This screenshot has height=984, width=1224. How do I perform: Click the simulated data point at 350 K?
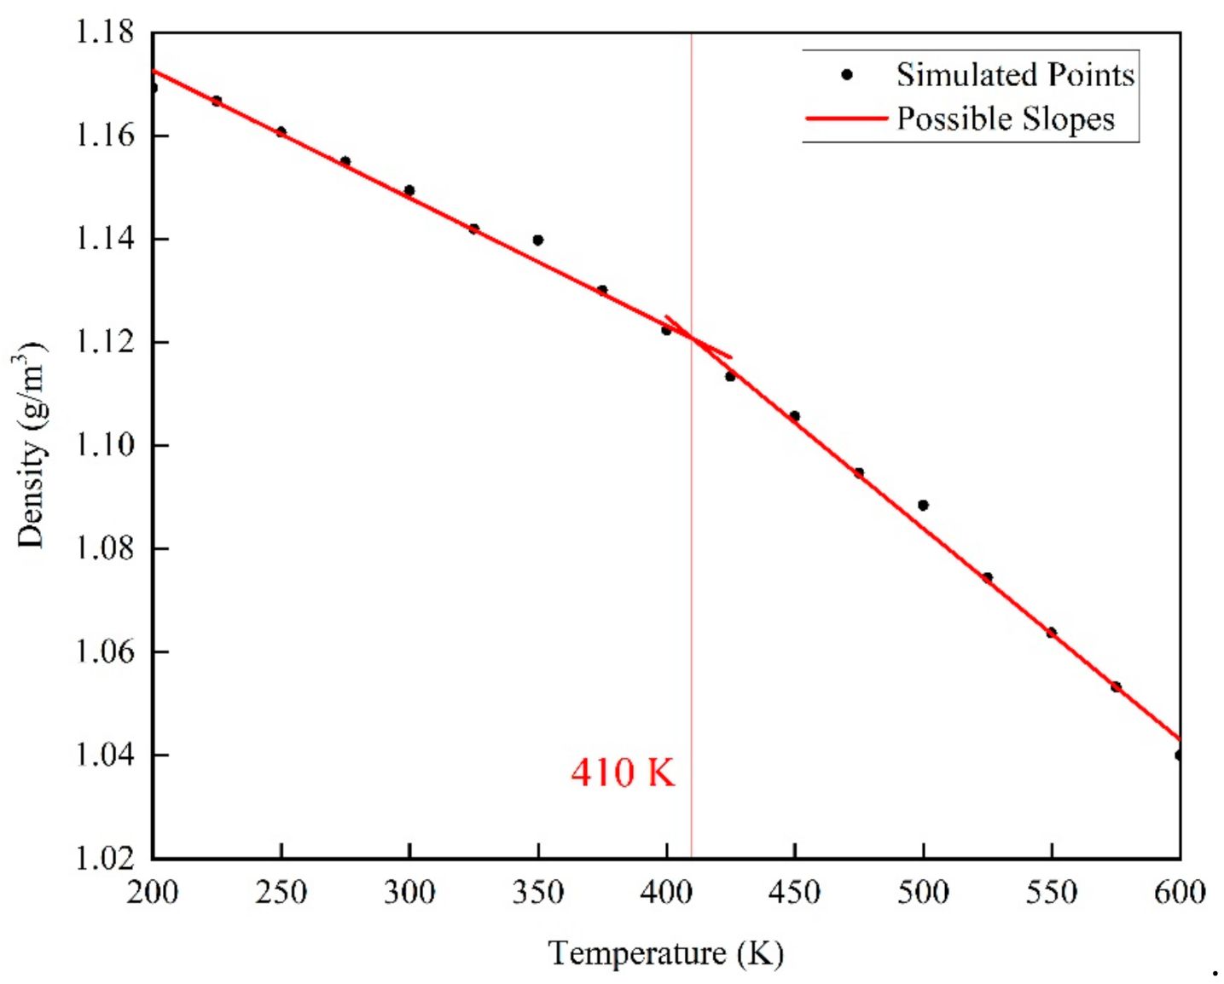pyautogui.click(x=537, y=240)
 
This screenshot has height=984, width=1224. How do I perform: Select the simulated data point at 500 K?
pyautogui.click(x=923, y=506)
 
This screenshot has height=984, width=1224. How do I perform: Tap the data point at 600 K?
pyautogui.click(x=1179, y=755)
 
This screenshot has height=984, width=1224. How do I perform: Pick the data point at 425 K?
pyautogui.click(x=730, y=376)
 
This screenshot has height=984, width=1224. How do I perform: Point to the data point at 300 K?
pyautogui.click(x=409, y=191)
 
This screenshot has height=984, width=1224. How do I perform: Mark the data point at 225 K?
pyautogui.click(x=217, y=101)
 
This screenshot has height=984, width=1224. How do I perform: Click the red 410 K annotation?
pyautogui.click(x=623, y=773)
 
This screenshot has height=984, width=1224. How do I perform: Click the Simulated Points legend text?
pyautogui.click(x=1014, y=75)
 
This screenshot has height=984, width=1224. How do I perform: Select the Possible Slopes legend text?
pyautogui.click(x=1005, y=119)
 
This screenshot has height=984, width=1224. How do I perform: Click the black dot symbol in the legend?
pyautogui.click(x=846, y=75)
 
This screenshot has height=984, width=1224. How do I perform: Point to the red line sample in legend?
pyautogui.click(x=846, y=118)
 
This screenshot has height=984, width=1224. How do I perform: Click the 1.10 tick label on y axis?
pyautogui.click(x=105, y=445)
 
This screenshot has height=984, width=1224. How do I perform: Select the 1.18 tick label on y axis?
pyautogui.click(x=105, y=32)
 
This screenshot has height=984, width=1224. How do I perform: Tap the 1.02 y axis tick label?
pyautogui.click(x=105, y=858)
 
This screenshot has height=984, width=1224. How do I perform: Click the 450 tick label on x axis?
pyautogui.click(x=794, y=893)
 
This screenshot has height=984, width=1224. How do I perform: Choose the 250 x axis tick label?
pyautogui.click(x=281, y=893)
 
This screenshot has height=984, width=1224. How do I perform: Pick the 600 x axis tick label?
pyautogui.click(x=1179, y=893)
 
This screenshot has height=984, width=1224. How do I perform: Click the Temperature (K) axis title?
pyautogui.click(x=665, y=953)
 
